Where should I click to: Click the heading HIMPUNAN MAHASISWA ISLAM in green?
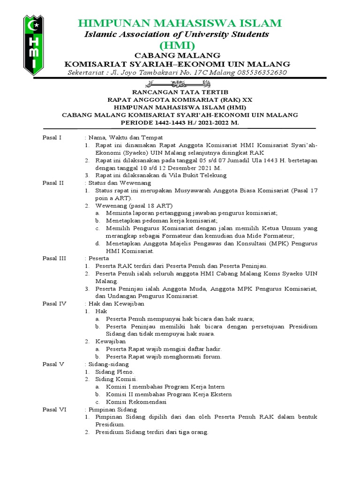180,23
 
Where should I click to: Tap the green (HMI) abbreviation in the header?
177,45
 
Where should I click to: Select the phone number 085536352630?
256,73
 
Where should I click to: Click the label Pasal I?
52,137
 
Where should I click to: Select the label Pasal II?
53,183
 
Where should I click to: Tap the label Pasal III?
54,258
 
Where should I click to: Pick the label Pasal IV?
54,304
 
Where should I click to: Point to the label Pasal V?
53,364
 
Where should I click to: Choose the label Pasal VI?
54,409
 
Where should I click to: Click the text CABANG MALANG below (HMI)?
177,56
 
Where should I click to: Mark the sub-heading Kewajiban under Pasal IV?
110,341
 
